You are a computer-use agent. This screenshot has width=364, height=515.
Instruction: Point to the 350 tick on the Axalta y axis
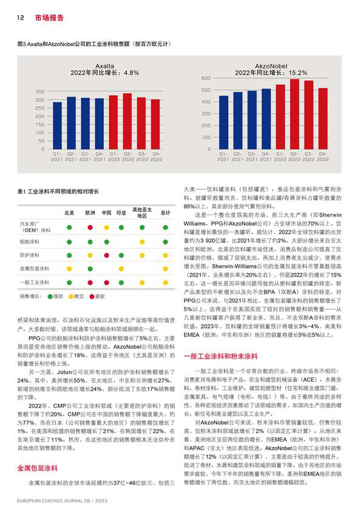[39, 91]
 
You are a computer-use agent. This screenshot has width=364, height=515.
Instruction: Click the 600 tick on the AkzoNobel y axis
[206, 78]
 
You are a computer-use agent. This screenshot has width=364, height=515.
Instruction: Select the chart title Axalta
[105, 66]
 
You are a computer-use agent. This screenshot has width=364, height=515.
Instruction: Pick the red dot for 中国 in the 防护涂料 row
[106, 254]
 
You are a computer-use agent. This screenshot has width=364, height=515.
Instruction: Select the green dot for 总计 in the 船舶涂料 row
[165, 241]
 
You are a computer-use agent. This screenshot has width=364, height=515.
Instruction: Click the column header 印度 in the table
[121, 213]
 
